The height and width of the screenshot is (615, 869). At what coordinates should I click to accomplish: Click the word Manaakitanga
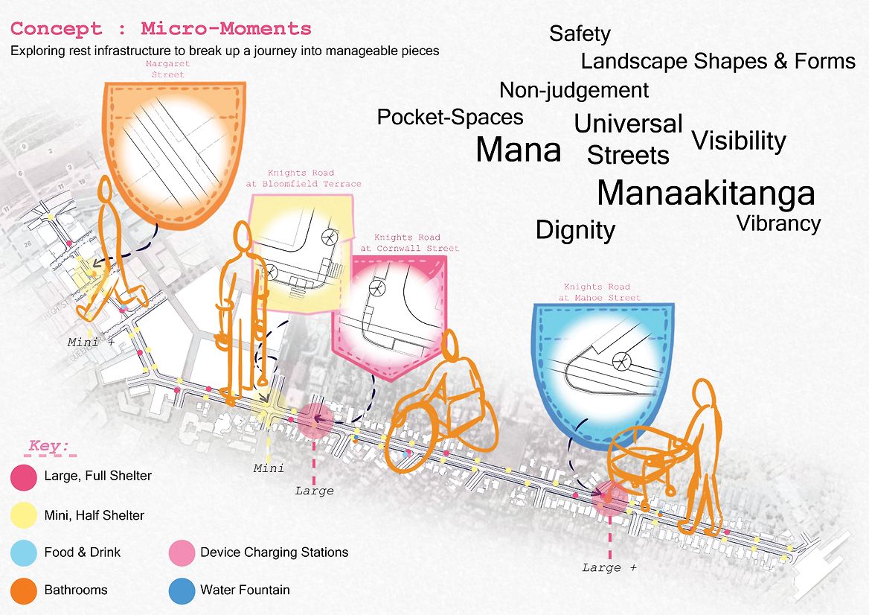coord(705,194)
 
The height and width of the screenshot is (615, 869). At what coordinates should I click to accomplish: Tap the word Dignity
coord(575,230)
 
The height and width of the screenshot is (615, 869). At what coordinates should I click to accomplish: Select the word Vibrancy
coord(778,223)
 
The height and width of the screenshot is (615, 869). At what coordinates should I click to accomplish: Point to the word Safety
coord(580,34)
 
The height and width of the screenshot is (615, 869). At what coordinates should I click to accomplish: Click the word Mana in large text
coord(518,150)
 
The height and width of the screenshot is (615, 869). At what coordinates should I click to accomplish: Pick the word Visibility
coord(738,141)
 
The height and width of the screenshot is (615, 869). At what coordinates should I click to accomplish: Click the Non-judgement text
coord(574,91)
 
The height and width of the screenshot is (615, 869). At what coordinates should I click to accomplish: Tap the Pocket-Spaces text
coord(450,117)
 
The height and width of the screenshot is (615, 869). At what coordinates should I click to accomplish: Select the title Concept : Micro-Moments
coord(161,29)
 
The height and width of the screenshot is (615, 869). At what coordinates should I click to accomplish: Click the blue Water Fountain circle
coord(180,590)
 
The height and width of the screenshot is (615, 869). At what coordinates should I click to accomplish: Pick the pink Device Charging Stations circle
coord(180,552)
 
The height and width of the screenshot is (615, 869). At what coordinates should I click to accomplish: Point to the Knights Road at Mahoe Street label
coord(597,292)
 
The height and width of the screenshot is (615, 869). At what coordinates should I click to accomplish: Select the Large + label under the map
coord(610,567)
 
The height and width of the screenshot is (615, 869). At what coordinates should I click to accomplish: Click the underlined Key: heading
coord(48,447)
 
